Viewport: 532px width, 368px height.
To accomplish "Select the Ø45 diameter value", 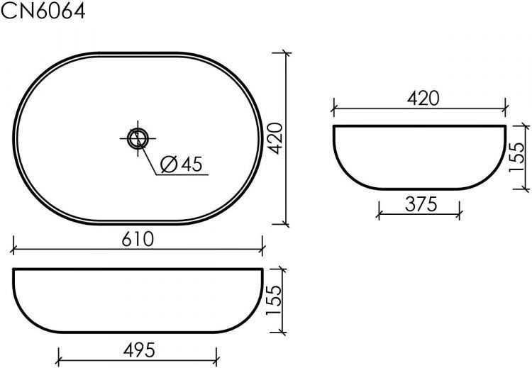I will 182,165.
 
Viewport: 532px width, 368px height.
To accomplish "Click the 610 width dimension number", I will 138,240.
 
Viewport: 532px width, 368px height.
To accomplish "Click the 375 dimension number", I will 420,205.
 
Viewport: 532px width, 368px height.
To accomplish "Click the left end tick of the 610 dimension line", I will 14,250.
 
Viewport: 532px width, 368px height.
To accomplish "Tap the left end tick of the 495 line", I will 57,358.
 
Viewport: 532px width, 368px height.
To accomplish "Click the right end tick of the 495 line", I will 219,358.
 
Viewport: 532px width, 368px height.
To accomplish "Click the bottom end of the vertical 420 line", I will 286,224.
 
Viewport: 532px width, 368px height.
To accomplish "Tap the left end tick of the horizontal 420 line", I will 333,109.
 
